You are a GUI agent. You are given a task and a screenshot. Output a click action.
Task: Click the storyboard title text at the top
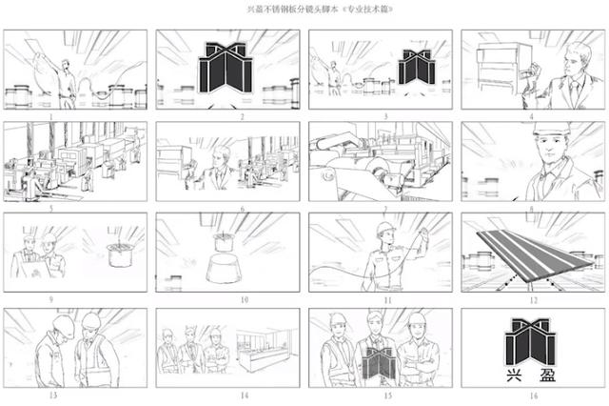(321, 10)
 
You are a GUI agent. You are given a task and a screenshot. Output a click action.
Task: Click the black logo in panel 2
(226, 68)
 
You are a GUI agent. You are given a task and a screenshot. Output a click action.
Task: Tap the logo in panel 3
(417, 67)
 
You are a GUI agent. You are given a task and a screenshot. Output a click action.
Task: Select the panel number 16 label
(534, 396)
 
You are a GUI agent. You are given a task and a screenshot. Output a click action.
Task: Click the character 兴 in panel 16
(514, 375)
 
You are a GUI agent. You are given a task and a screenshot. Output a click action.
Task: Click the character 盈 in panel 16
(548, 375)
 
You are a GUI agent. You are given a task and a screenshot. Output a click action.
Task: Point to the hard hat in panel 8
(552, 128)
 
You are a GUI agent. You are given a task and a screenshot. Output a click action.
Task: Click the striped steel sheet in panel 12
(533, 254)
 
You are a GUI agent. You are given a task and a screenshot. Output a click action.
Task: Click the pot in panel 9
(121, 254)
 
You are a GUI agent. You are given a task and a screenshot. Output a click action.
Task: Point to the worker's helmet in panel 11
(385, 229)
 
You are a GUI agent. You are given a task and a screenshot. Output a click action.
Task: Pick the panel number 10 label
(245, 300)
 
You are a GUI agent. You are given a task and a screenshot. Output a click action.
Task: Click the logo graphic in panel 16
(531, 342)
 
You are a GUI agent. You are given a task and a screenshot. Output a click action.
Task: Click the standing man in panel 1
(67, 84)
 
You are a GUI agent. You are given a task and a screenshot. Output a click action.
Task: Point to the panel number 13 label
(53, 396)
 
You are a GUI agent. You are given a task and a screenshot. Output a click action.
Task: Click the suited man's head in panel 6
(222, 156)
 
